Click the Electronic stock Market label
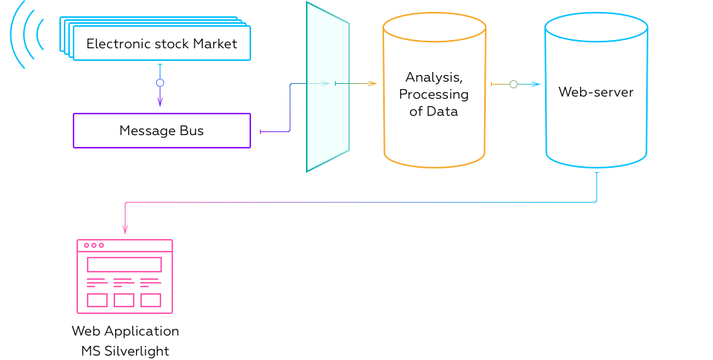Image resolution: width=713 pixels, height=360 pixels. [x=161, y=44]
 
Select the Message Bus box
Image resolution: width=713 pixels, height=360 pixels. [x=161, y=131]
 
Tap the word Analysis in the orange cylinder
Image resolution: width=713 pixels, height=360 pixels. [x=434, y=77]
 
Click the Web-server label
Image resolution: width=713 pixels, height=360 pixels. [x=596, y=93]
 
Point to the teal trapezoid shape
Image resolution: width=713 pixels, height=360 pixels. [x=327, y=88]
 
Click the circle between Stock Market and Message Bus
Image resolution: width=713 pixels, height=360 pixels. [x=160, y=83]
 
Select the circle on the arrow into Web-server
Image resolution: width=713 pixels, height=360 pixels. [x=513, y=85]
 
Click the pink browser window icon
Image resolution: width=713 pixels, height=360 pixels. [x=125, y=276]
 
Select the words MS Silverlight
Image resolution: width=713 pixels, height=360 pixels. [x=125, y=351]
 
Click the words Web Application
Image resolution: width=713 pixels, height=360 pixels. [x=125, y=331]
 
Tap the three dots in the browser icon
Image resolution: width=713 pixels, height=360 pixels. [x=94, y=245]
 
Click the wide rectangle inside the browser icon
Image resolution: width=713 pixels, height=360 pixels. [x=124, y=264]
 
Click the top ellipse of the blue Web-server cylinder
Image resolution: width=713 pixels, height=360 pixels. [x=596, y=29]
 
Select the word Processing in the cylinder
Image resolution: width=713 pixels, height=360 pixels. [x=434, y=94]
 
